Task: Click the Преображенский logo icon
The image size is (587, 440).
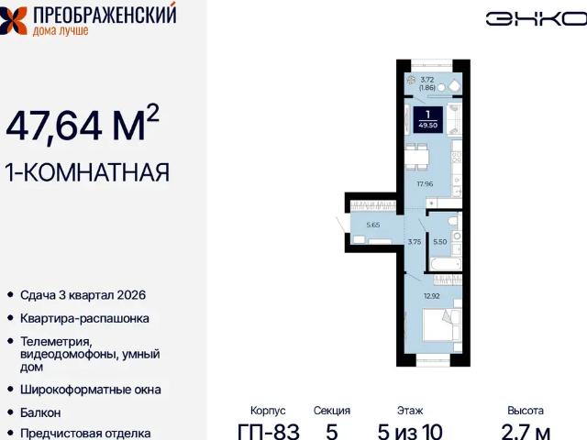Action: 15,19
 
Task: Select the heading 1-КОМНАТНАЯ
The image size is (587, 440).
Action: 88,171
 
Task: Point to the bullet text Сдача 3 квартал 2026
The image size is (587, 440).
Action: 83,295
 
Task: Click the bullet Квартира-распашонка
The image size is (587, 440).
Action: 83,319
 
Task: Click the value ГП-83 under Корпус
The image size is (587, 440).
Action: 268,430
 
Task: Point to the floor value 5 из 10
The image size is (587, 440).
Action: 410,430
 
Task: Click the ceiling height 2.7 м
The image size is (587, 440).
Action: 526,430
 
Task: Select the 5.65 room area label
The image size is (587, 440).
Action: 373,223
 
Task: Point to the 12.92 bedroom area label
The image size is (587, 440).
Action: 433,295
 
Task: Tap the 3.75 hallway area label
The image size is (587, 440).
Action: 414,242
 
